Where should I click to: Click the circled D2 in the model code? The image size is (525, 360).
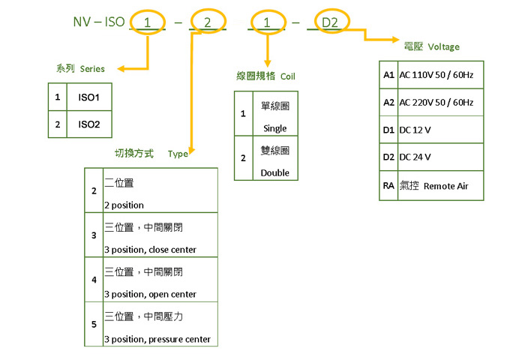coord(330,22)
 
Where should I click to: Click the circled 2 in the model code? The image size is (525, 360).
coord(207,22)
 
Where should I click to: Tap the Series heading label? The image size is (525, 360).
coord(80,68)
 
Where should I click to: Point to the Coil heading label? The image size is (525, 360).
coord(265,76)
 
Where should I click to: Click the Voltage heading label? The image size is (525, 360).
coord(431,46)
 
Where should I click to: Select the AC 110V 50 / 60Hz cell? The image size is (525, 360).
coord(441,76)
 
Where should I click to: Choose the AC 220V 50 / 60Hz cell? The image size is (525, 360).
coord(441,102)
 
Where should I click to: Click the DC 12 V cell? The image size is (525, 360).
coord(415,130)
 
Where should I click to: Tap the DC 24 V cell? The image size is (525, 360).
coord(415,157)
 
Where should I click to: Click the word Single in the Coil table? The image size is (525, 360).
coord(275,128)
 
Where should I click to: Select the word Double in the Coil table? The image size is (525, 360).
coord(275,172)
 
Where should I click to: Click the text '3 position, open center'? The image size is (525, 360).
coord(150,294)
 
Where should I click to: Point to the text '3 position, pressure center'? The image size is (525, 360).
coord(157,339)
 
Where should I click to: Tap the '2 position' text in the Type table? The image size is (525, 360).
coord(124,205)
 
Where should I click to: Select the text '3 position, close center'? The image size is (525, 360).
coord(150,250)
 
